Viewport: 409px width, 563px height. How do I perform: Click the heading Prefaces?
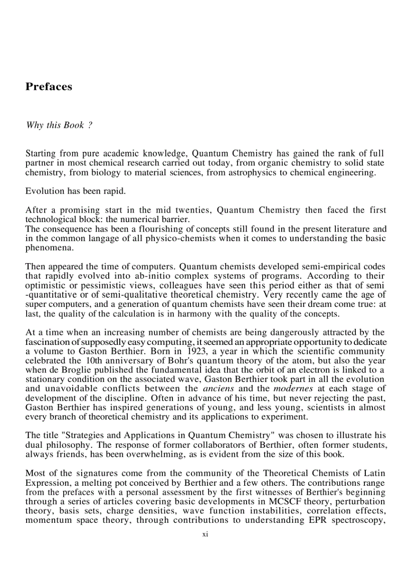click(x=49, y=87)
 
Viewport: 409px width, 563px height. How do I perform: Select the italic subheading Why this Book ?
click(x=59, y=125)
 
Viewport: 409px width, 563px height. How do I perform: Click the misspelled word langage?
click(x=93, y=238)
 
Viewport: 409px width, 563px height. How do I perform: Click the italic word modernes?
click(x=289, y=389)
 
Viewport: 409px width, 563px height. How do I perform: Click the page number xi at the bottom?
click(x=205, y=535)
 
